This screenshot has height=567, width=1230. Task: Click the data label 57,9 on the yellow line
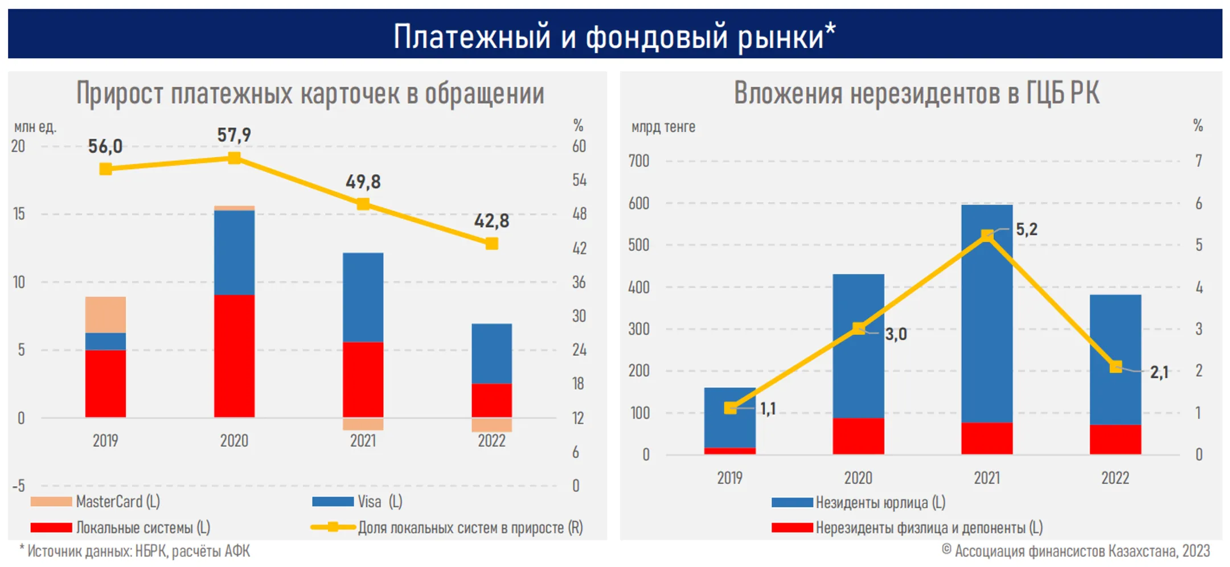click(233, 135)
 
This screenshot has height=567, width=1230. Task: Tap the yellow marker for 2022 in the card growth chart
click(491, 244)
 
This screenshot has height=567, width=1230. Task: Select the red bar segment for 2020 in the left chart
click(234, 356)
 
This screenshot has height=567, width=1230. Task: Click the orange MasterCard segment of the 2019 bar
click(105, 315)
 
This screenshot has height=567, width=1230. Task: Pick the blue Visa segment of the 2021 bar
click(363, 297)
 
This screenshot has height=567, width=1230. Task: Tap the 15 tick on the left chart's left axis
click(19, 214)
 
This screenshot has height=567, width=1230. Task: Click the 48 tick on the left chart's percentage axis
click(579, 214)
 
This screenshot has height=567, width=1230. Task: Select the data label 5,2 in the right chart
click(1026, 229)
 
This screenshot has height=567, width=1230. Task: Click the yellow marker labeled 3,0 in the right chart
click(859, 328)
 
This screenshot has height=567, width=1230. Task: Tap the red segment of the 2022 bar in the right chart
click(1115, 439)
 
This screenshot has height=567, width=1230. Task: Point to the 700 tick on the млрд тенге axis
click(638, 161)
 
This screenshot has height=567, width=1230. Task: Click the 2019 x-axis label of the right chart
click(729, 478)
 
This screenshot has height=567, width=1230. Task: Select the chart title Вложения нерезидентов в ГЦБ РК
click(916, 93)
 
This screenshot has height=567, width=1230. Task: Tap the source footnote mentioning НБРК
click(135, 551)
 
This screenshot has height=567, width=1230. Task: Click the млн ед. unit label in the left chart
click(35, 127)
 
